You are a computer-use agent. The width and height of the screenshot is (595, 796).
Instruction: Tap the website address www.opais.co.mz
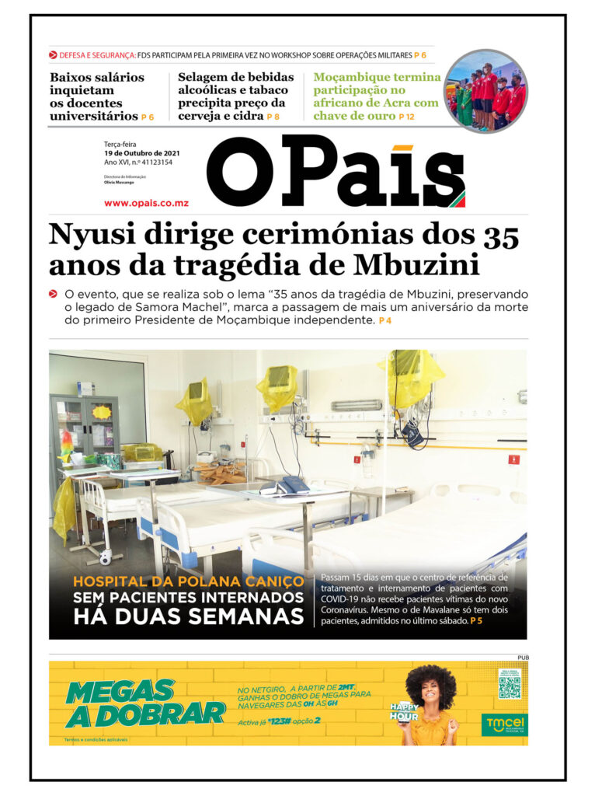146,203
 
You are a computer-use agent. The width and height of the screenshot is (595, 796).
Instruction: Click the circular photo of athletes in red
486,91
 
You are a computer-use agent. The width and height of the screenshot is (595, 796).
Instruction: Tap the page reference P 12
406,117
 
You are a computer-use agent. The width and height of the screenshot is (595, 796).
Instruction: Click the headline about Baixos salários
96,96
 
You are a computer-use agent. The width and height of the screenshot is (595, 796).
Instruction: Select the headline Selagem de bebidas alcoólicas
235,96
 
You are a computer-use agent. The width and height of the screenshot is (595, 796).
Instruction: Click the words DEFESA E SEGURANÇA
97,55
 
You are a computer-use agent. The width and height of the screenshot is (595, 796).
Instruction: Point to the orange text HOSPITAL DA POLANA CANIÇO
189,581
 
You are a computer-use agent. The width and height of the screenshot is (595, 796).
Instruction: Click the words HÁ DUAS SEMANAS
188,617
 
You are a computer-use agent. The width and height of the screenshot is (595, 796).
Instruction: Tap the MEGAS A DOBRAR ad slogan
146,702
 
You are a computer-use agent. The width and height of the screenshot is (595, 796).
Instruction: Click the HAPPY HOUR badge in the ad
404,711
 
